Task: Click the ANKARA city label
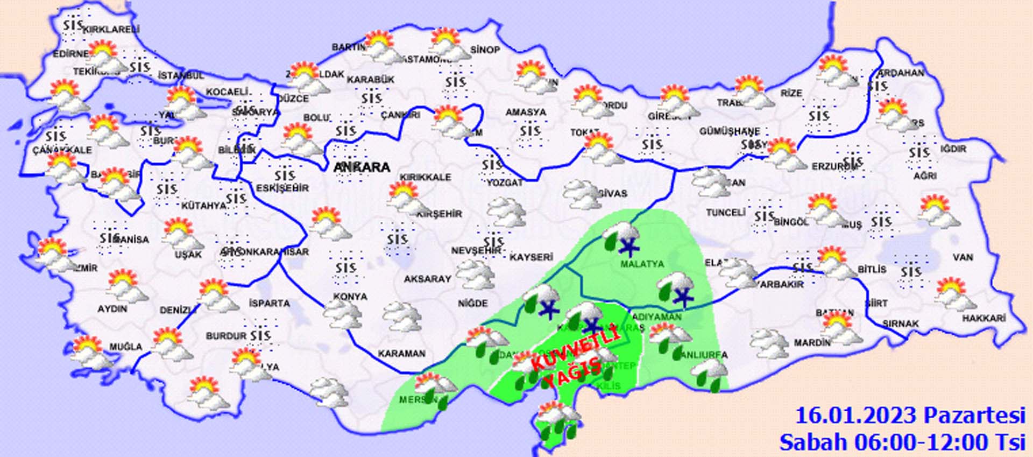[x=362, y=167]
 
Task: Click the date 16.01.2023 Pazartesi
[x=910, y=416]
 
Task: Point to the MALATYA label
[x=642, y=264]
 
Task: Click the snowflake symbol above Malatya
[x=628, y=248]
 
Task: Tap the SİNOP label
[x=485, y=50]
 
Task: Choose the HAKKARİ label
[x=984, y=319]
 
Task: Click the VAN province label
[x=963, y=257]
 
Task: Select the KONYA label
[x=350, y=297]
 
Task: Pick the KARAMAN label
[x=401, y=354]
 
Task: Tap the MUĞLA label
[x=126, y=347]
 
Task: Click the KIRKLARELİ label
[x=111, y=30]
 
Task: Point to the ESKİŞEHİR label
[x=282, y=188]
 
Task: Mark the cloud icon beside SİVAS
[x=582, y=194]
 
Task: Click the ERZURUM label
[x=833, y=167]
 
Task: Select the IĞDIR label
[x=953, y=149]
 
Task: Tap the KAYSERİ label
[x=531, y=257]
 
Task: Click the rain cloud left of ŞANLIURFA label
[x=668, y=339]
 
